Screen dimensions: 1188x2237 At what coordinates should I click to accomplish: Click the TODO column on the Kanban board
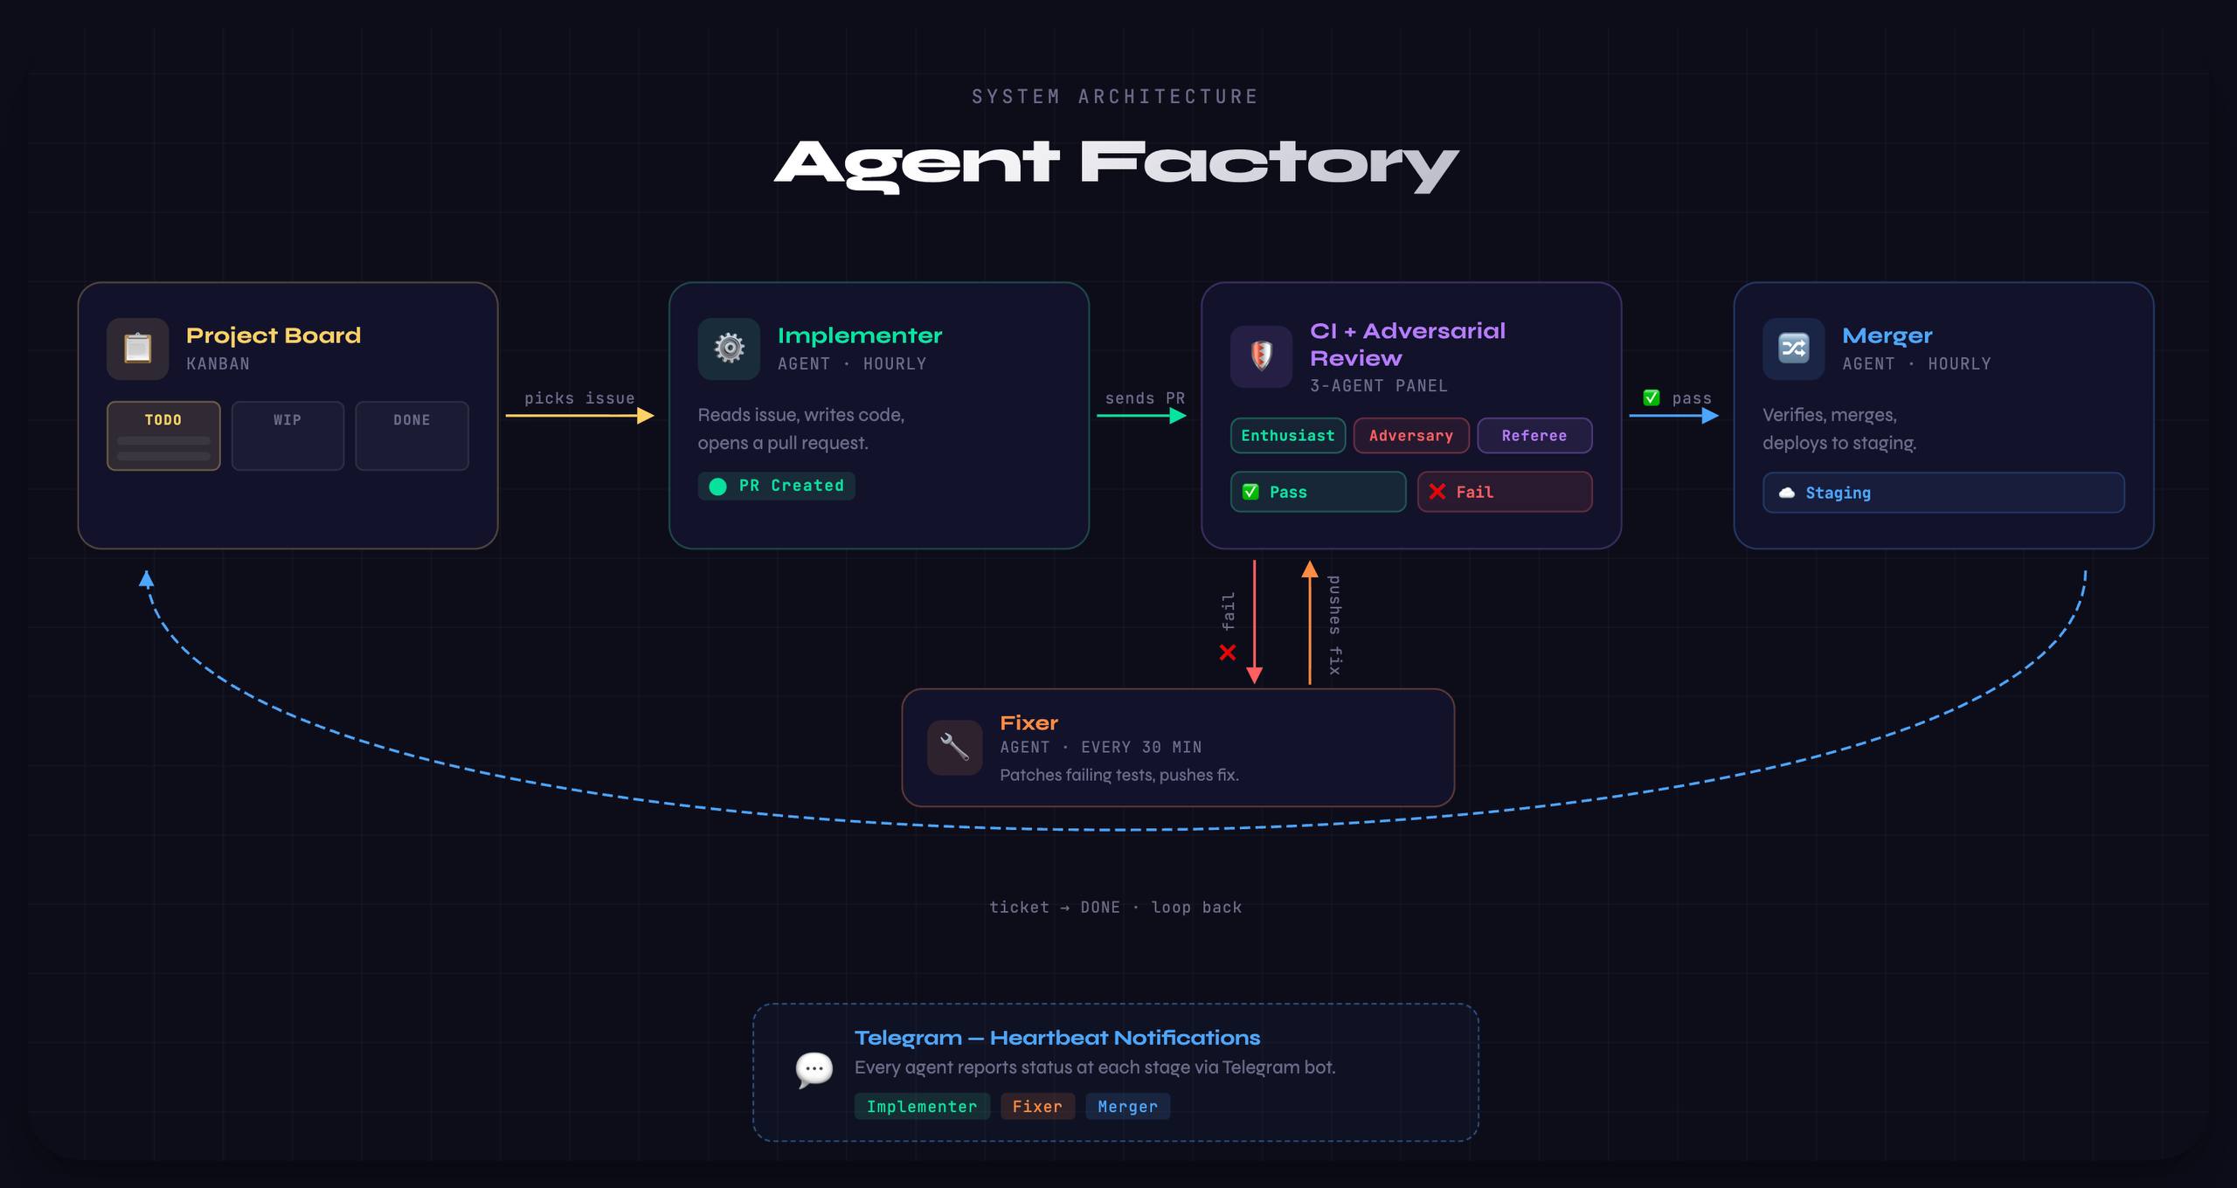pos(163,436)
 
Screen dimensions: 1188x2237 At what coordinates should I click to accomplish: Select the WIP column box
pos(287,436)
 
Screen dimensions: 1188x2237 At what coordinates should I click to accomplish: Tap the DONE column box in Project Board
pos(412,436)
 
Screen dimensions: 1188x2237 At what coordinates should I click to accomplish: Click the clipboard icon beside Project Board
pos(137,349)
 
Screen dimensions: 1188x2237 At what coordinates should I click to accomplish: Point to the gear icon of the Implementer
pos(729,349)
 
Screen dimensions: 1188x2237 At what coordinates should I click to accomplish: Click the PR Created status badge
pos(776,486)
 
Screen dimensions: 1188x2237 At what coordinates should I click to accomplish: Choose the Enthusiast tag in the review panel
pos(1287,436)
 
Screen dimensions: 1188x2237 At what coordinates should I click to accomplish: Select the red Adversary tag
pos(1410,436)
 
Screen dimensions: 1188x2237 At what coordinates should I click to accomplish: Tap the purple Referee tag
pos(1534,436)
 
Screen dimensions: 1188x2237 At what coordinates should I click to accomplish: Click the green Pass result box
pos(1318,492)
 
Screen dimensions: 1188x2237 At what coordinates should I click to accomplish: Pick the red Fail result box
pos(1504,492)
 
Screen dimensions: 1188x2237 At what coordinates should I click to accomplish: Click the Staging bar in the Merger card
pos(1943,493)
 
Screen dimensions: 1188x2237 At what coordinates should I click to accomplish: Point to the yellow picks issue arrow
pos(579,416)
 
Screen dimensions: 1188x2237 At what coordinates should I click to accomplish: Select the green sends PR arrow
pos(1141,416)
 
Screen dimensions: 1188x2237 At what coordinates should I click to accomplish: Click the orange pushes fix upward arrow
pos(1309,622)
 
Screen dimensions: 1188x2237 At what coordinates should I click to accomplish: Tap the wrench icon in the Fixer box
pos(954,748)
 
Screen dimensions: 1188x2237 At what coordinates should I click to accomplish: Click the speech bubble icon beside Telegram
pos(814,1069)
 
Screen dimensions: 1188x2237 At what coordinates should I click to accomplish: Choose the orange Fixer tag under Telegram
pos(1037,1107)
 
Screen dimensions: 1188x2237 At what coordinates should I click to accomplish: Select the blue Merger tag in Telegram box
pos(1127,1107)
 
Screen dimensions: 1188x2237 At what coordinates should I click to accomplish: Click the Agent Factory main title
pos(1116,164)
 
